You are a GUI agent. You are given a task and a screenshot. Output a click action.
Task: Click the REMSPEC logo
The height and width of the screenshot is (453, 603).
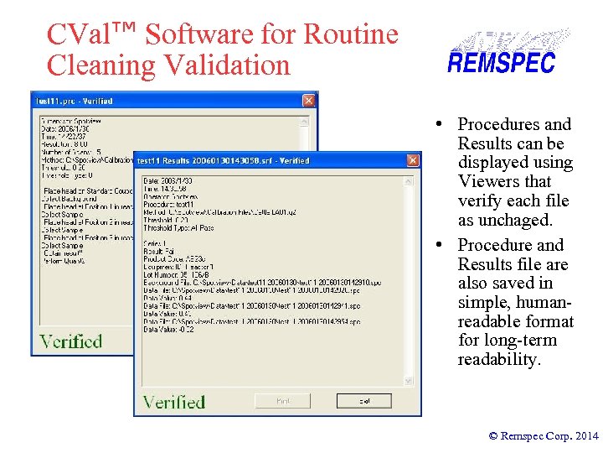[501, 52]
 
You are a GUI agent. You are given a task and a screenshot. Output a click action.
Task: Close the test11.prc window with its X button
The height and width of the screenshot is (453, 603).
[307, 102]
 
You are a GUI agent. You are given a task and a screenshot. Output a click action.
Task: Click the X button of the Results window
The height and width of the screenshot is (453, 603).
[411, 160]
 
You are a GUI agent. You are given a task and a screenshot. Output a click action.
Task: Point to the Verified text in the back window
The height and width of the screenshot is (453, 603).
[71, 341]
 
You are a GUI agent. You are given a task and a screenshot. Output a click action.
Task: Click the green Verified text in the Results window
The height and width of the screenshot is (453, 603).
[174, 402]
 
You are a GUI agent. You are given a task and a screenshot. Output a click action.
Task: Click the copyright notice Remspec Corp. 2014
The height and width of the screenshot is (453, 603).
[544, 435]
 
